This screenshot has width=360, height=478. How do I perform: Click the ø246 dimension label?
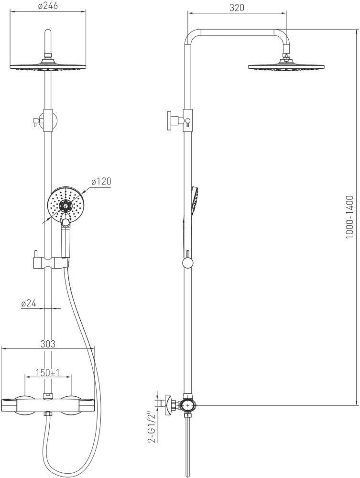click(48, 6)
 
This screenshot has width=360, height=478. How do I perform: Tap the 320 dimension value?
click(237, 8)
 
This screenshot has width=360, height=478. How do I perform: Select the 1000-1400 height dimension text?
click(349, 217)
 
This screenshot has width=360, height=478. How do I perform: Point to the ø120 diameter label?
click(101, 181)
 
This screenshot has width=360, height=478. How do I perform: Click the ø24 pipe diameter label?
click(29, 304)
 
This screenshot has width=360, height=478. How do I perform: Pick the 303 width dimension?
click(48, 344)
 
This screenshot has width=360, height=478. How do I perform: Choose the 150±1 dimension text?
click(47, 372)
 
